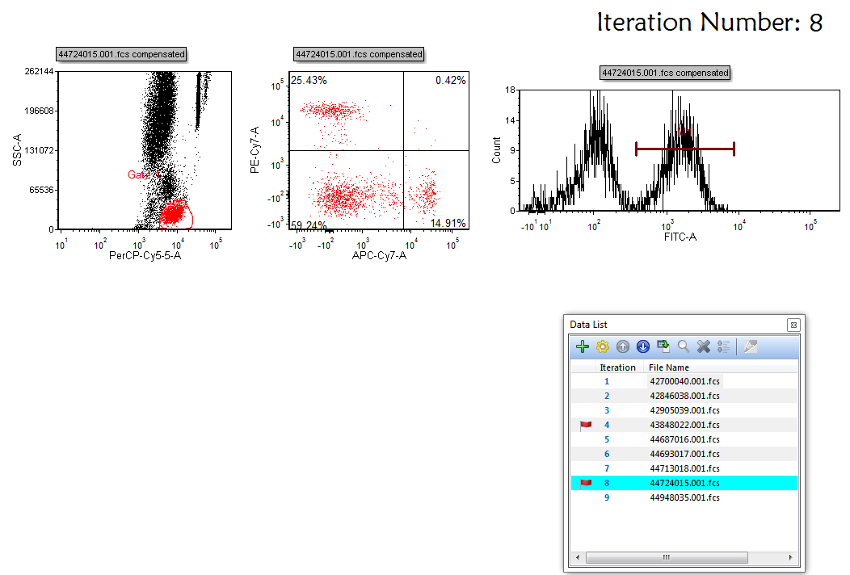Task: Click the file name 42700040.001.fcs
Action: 684,381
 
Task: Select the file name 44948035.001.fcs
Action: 684,497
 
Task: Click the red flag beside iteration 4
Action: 586,425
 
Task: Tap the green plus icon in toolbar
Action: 583,346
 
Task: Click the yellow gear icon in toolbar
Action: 603,346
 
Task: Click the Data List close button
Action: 793,325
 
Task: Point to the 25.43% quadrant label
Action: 309,81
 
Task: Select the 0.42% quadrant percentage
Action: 450,81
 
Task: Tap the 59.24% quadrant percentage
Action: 309,225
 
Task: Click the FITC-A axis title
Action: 680,237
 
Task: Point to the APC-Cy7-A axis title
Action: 379,256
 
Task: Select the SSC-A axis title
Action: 17,150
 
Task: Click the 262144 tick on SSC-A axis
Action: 39,72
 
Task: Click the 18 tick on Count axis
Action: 510,90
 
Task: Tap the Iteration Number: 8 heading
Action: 709,23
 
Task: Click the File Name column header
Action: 669,367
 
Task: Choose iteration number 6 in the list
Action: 607,454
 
